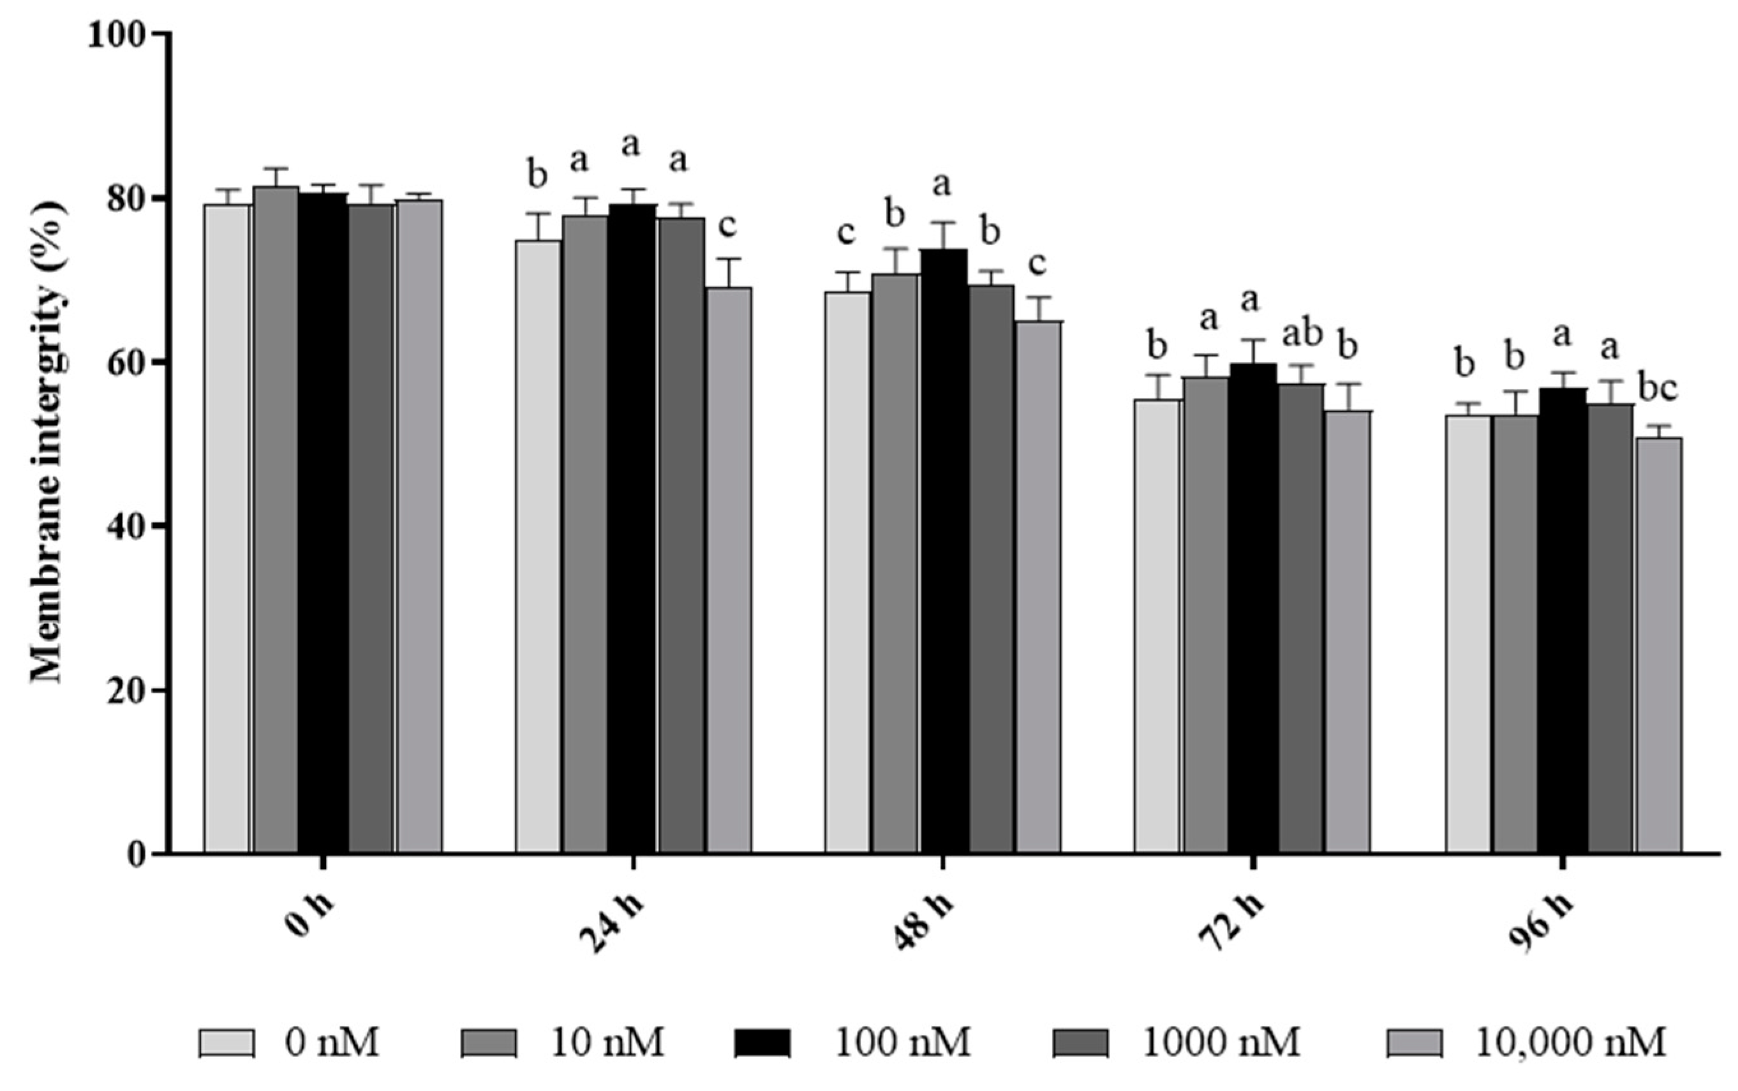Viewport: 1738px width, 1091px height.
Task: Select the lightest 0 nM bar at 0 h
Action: coord(227,528)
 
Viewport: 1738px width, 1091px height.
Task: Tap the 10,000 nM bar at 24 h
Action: coord(729,570)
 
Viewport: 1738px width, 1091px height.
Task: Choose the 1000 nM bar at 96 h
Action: coord(1610,628)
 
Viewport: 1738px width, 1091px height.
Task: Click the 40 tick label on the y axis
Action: coord(127,526)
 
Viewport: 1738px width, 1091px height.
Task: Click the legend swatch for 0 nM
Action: coord(227,1043)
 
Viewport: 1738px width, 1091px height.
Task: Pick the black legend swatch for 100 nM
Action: coord(762,1043)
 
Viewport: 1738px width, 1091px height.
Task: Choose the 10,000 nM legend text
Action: coord(1571,1043)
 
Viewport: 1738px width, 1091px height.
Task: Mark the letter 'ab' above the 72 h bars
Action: coord(1302,334)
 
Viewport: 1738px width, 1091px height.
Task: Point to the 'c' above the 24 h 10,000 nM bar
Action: coord(727,226)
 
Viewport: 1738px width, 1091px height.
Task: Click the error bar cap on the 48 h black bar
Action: coord(944,223)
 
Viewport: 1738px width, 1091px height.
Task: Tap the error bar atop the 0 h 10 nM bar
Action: coord(276,169)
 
